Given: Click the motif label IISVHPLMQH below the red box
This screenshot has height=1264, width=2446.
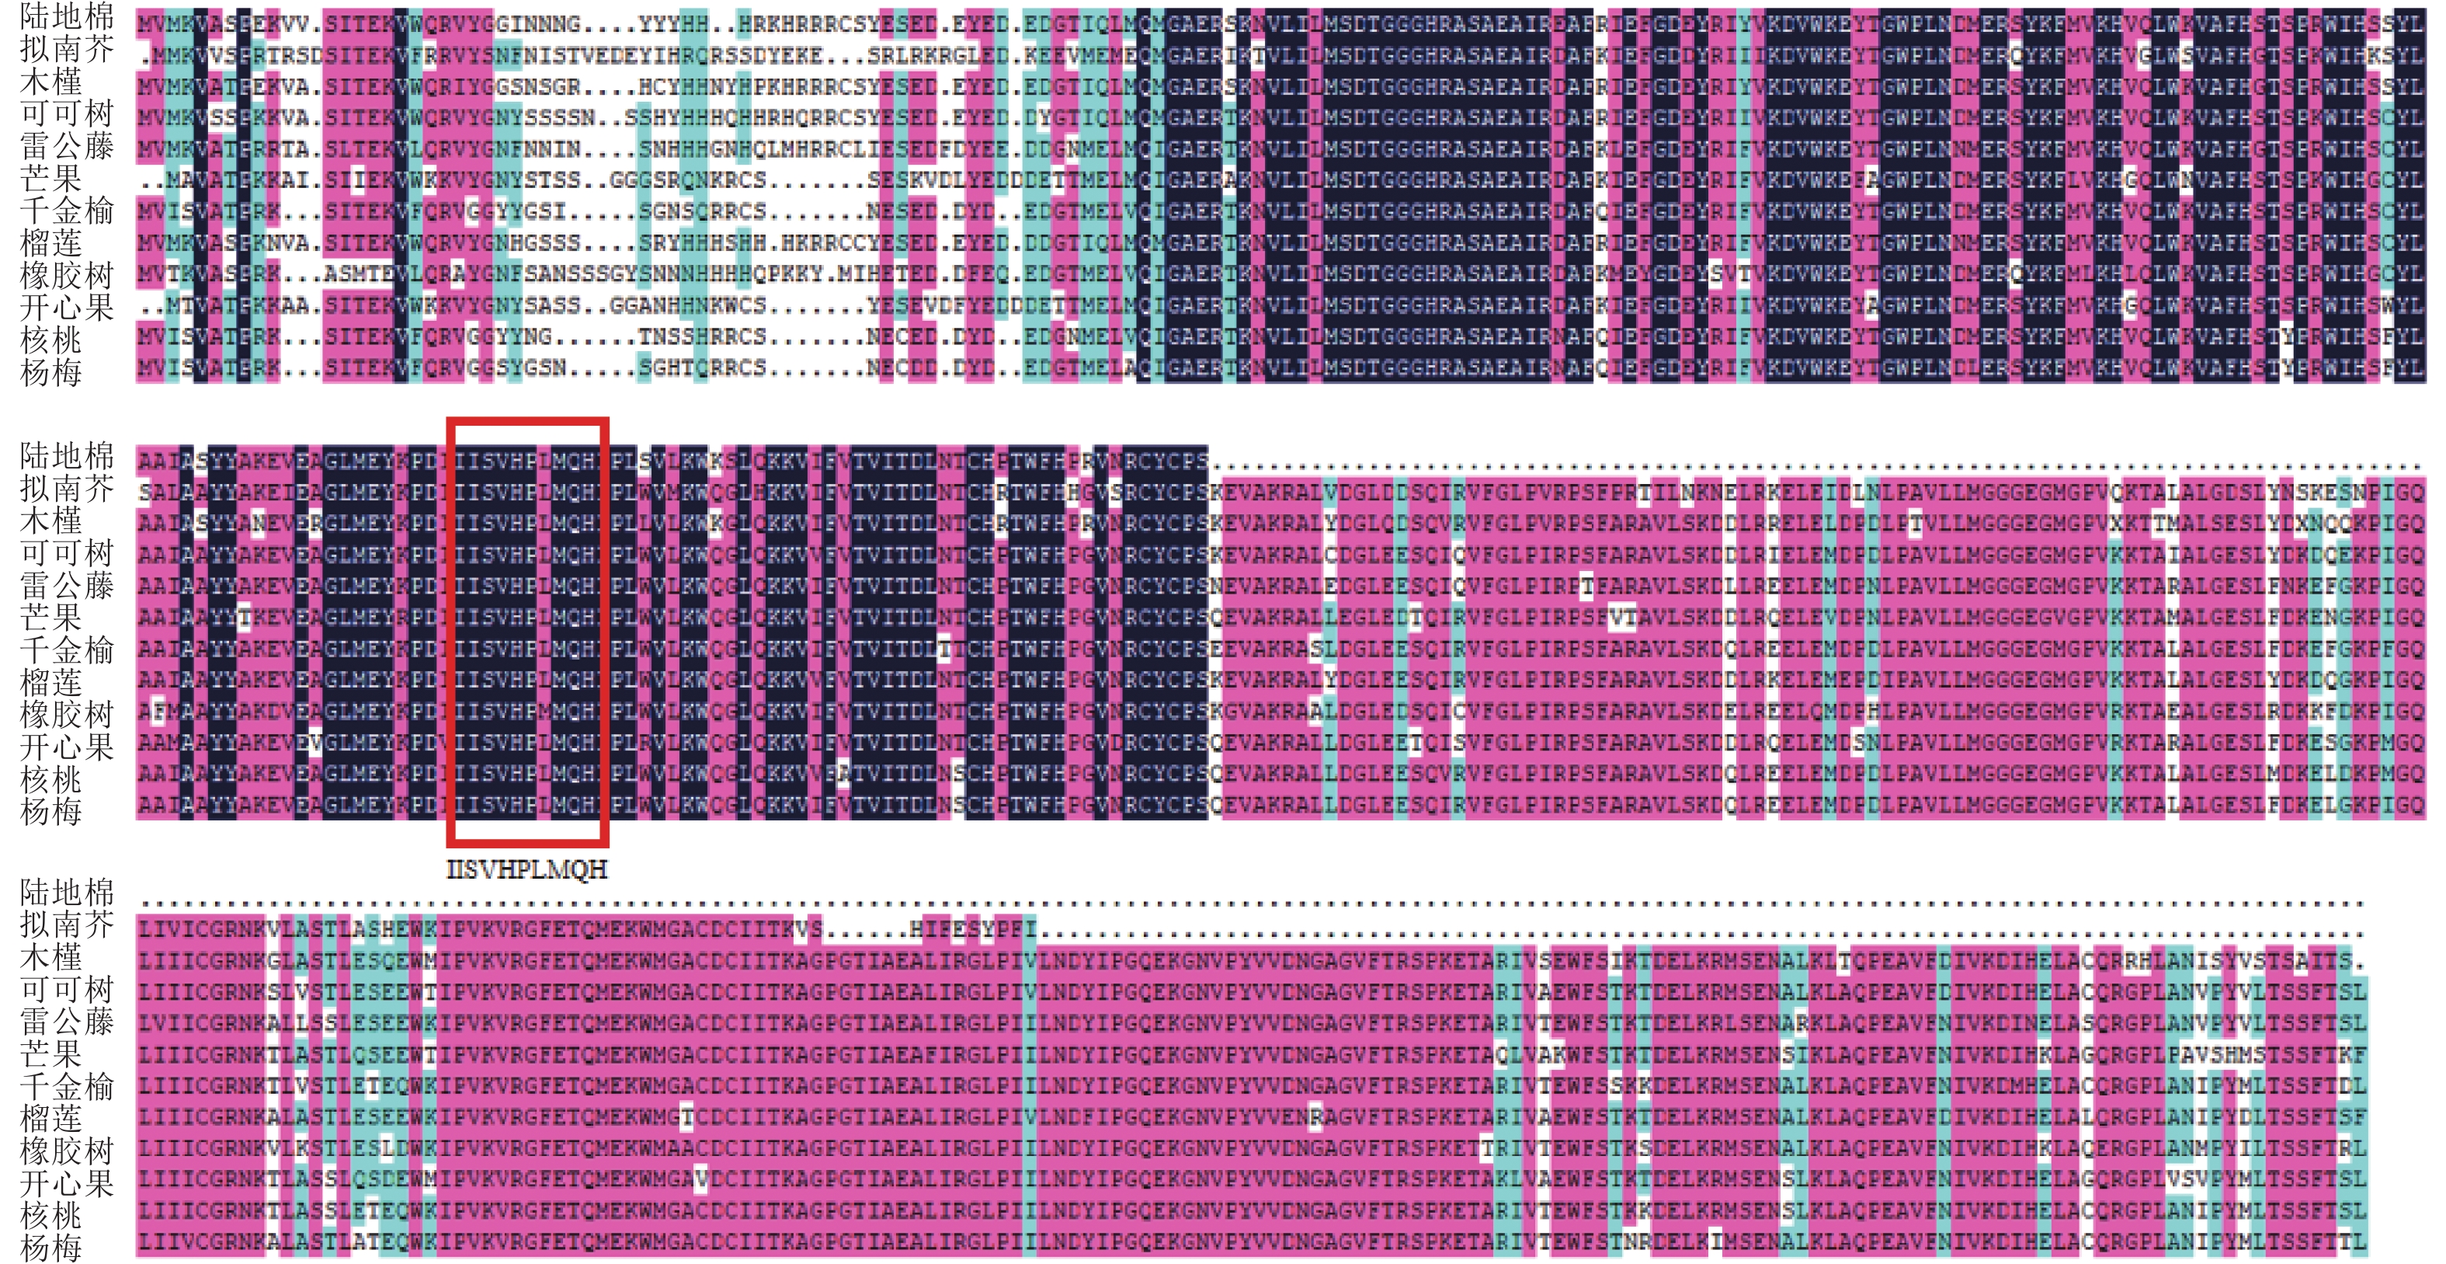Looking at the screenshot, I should pos(527,869).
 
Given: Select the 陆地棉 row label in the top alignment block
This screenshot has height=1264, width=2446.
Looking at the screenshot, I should pos(67,16).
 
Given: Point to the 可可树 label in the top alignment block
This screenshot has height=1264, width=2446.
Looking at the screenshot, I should pos(67,114).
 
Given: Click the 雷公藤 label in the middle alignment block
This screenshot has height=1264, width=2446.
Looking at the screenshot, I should pos(67,585).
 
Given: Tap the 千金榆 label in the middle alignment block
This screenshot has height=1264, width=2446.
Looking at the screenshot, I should pos(67,649).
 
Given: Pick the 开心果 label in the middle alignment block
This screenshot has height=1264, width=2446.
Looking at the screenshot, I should pos(67,747).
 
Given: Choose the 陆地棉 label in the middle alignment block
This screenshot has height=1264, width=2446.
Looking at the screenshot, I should pos(67,456).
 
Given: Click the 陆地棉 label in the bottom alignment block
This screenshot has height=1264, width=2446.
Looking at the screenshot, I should pos(67,892).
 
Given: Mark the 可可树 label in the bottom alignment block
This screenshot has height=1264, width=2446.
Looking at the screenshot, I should pos(67,989).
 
